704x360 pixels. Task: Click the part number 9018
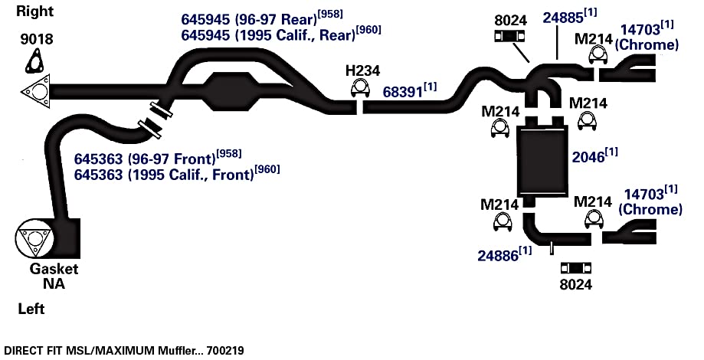(x=36, y=40)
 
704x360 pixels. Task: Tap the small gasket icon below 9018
(x=34, y=62)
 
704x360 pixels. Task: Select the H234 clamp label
(x=363, y=71)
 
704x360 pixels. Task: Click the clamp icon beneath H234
(x=359, y=88)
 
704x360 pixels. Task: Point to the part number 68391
(x=403, y=92)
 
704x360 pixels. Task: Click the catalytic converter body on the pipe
(x=228, y=92)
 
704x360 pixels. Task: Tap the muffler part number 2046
(x=588, y=157)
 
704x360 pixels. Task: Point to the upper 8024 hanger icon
(x=510, y=37)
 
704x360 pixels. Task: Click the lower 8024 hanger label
(x=576, y=285)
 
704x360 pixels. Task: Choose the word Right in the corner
(x=35, y=11)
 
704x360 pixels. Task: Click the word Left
(x=31, y=309)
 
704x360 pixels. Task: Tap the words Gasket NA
(x=54, y=277)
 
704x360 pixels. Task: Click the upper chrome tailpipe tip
(x=627, y=67)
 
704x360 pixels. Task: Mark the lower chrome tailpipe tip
(x=630, y=231)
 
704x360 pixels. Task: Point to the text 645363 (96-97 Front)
(x=145, y=159)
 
